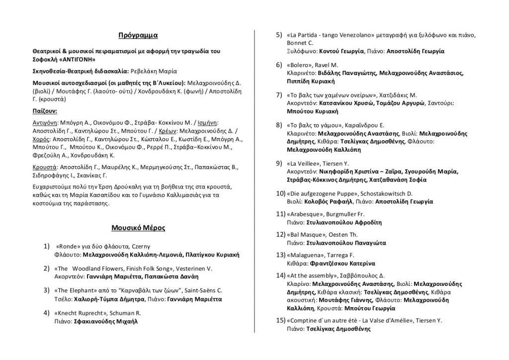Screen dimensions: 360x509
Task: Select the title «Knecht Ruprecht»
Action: [78, 312]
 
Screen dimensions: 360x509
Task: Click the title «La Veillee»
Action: [305, 163]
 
